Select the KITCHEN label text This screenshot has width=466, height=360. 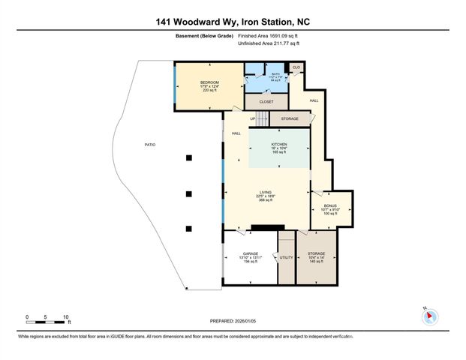pyautogui.click(x=279, y=143)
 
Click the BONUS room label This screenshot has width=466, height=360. pyautogui.click(x=331, y=205)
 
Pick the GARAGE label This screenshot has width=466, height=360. pyautogui.click(x=251, y=254)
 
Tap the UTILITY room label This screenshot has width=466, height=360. pyautogui.click(x=287, y=257)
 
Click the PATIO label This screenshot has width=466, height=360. pyautogui.click(x=150, y=144)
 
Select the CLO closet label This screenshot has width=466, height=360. pyautogui.click(x=296, y=67)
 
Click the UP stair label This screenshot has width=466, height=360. pyautogui.click(x=253, y=118)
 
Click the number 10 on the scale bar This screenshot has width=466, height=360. pyautogui.click(x=66, y=316)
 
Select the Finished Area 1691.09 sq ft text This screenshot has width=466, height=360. pyautogui.click(x=269, y=35)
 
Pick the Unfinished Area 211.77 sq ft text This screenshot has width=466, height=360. pyautogui.click(x=269, y=43)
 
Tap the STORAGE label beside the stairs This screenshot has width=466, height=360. pyautogui.click(x=290, y=118)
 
